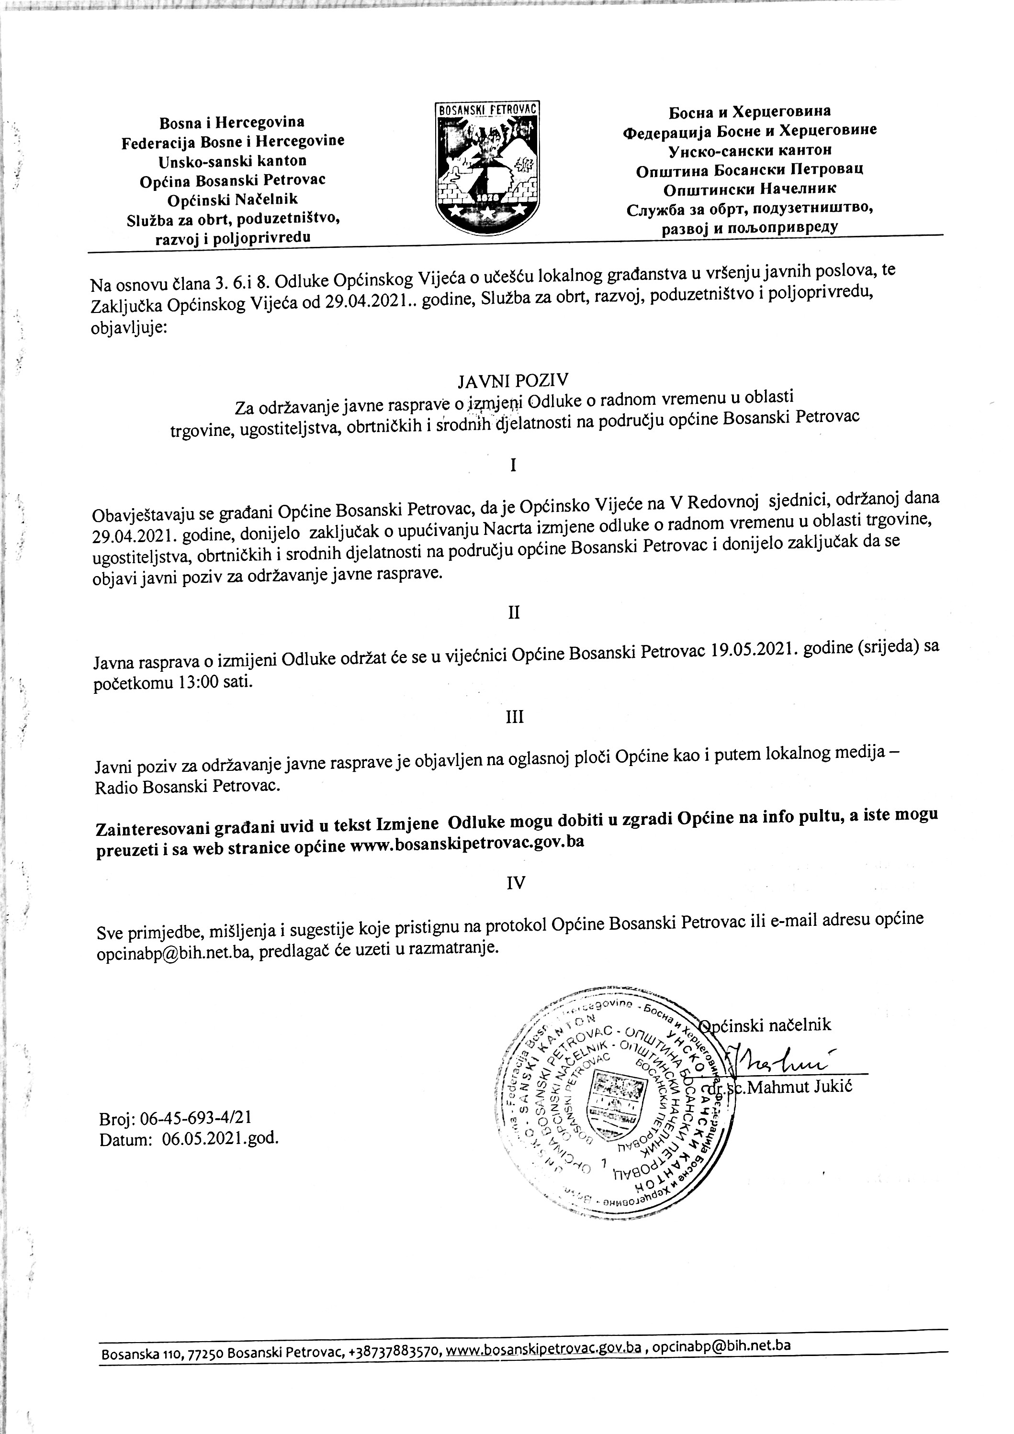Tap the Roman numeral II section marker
pyautogui.click(x=514, y=613)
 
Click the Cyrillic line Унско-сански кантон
pyautogui.click(x=750, y=150)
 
